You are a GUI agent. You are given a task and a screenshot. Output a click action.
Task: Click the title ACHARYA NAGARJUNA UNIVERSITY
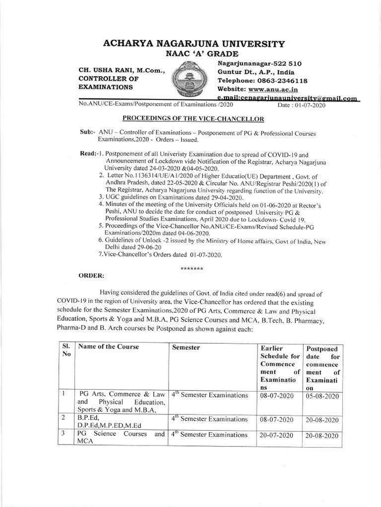(193, 44)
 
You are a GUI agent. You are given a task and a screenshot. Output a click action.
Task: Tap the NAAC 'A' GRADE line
(194, 53)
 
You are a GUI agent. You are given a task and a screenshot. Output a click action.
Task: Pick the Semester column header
(186, 348)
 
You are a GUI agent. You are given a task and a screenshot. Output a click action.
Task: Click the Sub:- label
(87, 134)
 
